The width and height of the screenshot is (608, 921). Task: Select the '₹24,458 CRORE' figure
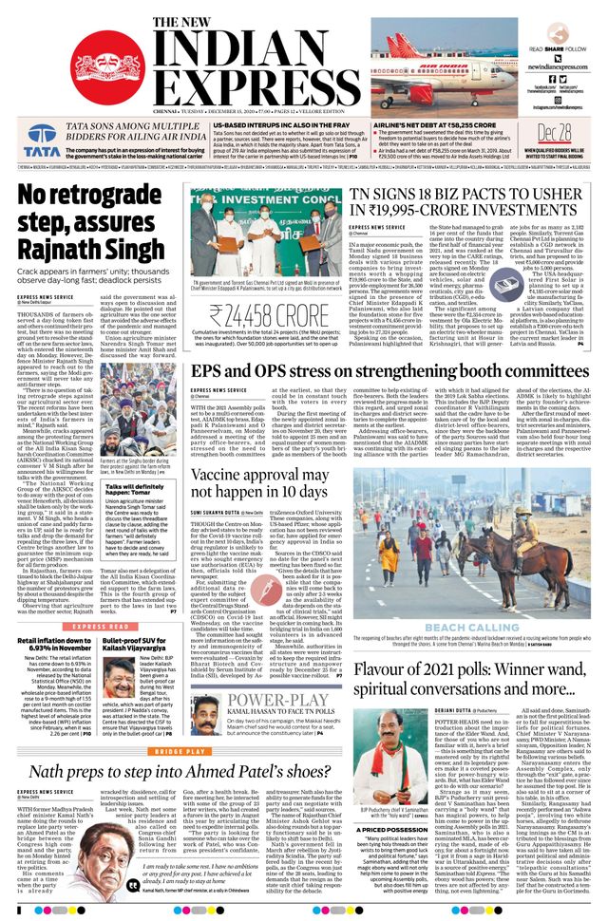(x=263, y=316)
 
